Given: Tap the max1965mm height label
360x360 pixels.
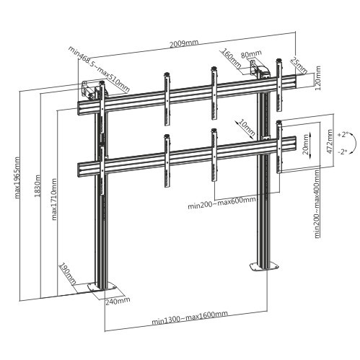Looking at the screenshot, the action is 17,177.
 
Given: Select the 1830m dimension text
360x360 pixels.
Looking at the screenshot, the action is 37,185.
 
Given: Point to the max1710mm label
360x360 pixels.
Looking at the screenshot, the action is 54,199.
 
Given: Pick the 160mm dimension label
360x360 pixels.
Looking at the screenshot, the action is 232,58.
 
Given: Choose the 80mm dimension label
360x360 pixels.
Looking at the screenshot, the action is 247,55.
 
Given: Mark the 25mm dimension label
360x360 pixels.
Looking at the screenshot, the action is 299,66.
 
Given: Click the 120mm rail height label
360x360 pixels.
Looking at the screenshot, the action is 317,78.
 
